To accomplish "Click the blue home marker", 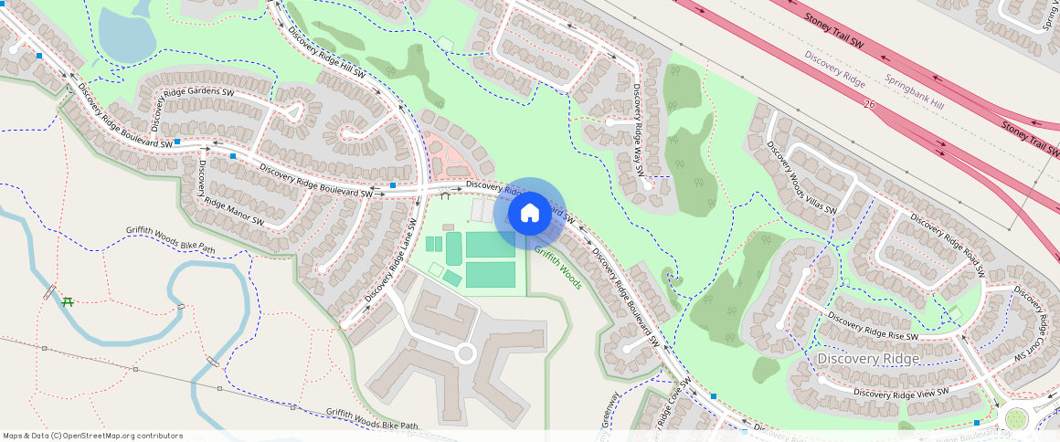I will tap(529, 214).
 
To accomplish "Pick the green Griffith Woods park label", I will tap(557, 267).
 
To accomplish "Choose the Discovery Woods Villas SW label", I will tap(801, 177).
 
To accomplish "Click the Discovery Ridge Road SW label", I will tap(948, 245).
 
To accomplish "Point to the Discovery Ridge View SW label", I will tap(902, 392).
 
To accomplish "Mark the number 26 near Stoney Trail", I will tap(869, 106).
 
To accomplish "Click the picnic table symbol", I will tap(67, 300).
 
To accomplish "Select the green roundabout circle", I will tap(1015, 418).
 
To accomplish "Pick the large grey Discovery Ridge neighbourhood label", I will tap(868, 359).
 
